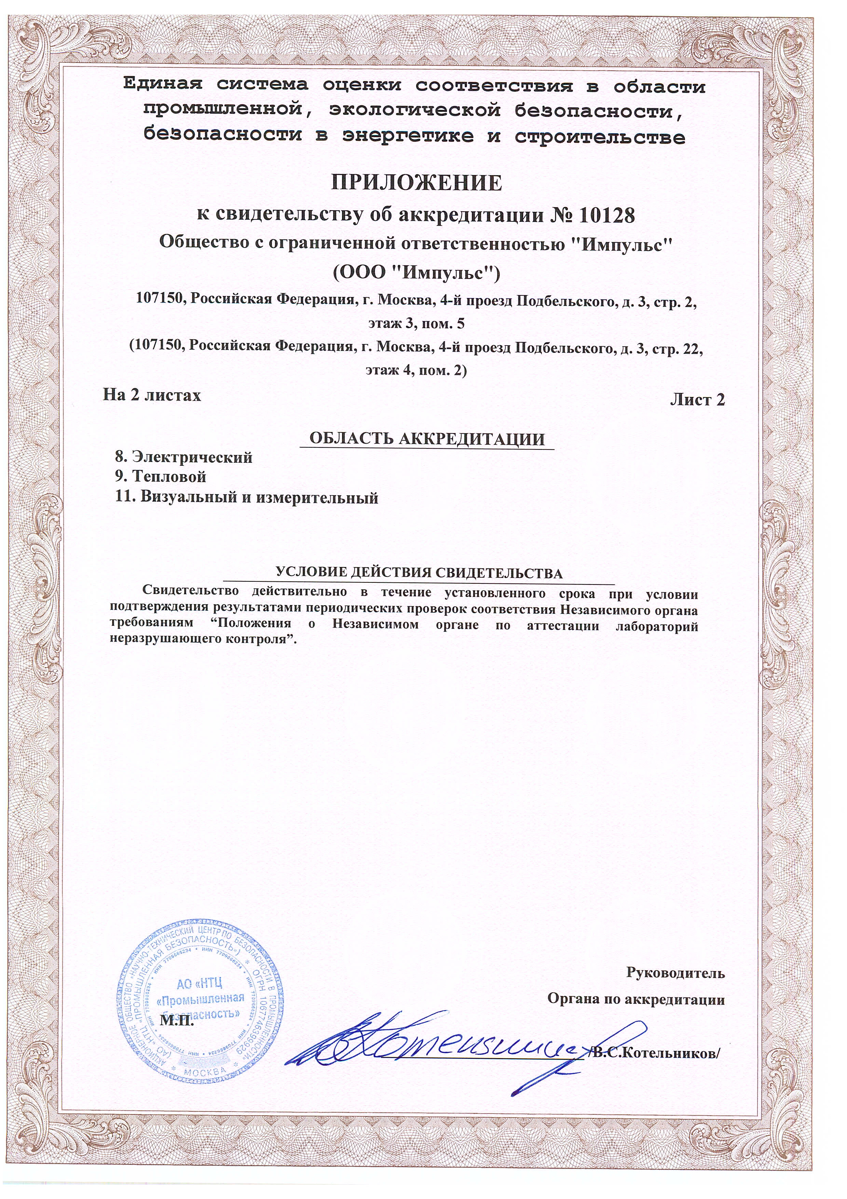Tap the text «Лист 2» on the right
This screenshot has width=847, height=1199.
(697, 400)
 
